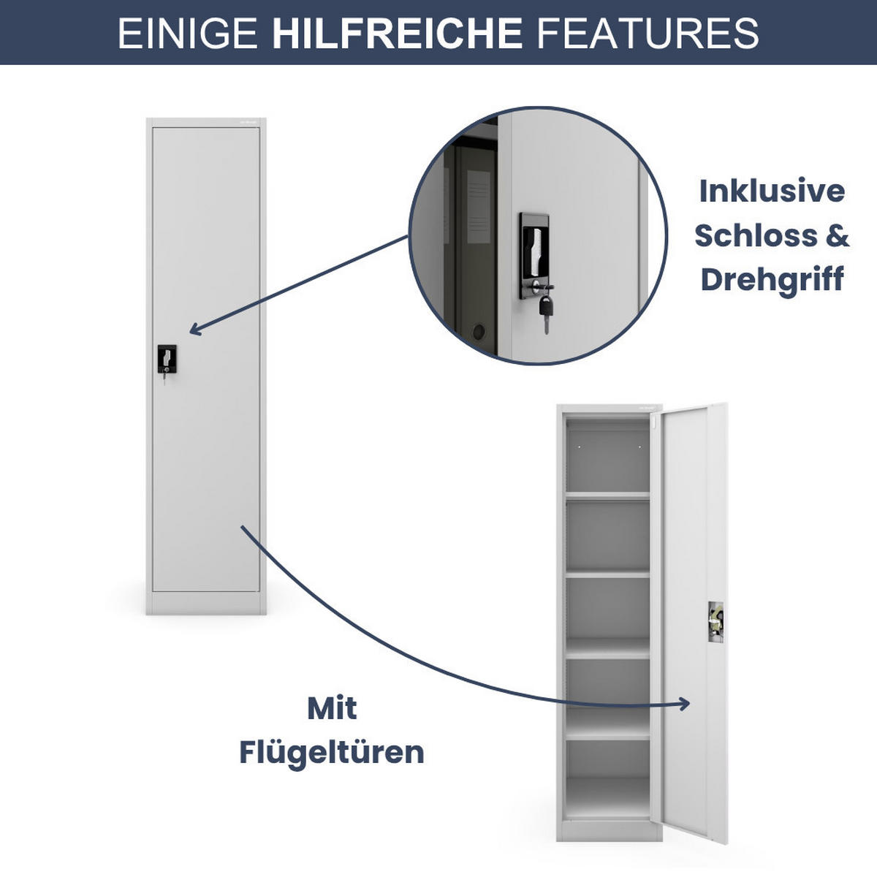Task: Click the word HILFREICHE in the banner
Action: point(397,33)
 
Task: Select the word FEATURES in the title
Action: point(648,33)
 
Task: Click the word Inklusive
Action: point(772,191)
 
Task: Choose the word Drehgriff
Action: point(772,280)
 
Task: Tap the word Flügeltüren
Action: point(332,752)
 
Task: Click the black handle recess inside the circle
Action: point(535,248)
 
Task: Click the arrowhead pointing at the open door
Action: point(685,704)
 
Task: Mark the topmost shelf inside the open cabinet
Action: point(607,496)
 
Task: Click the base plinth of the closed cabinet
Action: point(205,604)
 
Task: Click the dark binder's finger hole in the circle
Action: point(479,333)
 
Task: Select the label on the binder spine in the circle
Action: point(478,206)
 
